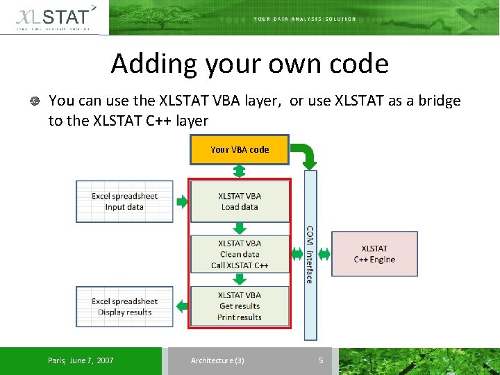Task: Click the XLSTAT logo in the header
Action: click(x=54, y=17)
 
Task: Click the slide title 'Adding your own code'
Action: click(x=249, y=64)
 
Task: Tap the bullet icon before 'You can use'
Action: click(x=34, y=101)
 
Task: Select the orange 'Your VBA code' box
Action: click(x=240, y=150)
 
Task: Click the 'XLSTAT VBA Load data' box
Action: click(x=240, y=201)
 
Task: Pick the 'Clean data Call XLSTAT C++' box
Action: click(x=240, y=254)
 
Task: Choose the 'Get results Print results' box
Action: click(x=240, y=306)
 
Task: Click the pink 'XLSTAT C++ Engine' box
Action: click(x=374, y=254)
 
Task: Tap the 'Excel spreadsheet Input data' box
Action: click(x=124, y=201)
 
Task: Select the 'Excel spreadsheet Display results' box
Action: click(x=124, y=307)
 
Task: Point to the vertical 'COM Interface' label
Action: click(x=310, y=254)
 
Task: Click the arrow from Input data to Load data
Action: click(x=182, y=202)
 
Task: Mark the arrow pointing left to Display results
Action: click(x=182, y=306)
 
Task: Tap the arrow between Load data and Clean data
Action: click(x=240, y=228)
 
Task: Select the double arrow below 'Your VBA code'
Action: click(x=240, y=172)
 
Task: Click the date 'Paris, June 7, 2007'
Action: click(x=81, y=360)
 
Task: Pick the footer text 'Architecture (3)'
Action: click(x=217, y=360)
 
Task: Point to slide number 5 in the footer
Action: click(x=321, y=360)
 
